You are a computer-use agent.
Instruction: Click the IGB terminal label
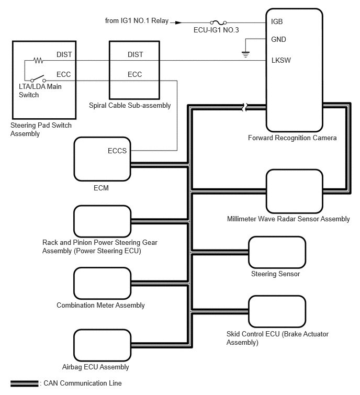coord(278,22)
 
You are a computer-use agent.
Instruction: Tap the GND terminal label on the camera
coord(279,39)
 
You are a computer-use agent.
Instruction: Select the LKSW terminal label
coord(281,60)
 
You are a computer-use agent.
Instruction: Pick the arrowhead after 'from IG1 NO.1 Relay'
coord(178,22)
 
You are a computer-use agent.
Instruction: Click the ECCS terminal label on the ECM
coord(117,151)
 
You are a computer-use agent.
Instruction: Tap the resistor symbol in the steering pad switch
coord(38,60)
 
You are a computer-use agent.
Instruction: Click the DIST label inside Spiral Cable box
coord(135,54)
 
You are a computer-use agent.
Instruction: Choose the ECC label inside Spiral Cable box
coord(135,74)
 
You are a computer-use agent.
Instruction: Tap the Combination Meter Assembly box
coord(102,283)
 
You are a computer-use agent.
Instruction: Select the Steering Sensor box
coord(277,252)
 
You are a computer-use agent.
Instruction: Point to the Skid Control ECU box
coord(277,312)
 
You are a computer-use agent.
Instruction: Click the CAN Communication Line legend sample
coord(24,383)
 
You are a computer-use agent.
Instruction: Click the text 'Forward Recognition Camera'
coord(292,138)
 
